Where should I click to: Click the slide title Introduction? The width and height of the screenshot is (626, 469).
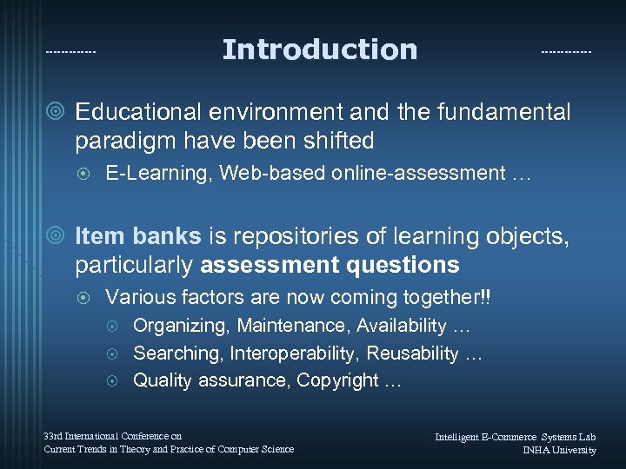click(319, 50)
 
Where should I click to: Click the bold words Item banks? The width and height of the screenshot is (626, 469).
click(138, 236)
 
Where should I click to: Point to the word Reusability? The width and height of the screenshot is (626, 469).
click(412, 353)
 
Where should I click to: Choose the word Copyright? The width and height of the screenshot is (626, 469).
click(337, 380)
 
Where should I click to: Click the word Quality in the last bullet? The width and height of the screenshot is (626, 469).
click(163, 380)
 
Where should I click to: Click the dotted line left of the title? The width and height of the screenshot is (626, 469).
click(70, 52)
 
